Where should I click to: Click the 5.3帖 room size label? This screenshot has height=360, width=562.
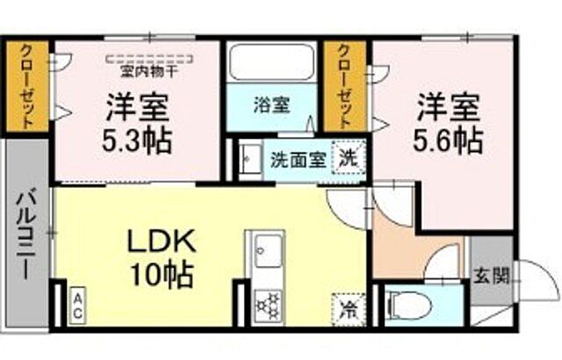click(138, 139)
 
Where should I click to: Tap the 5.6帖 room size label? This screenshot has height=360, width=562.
click(448, 138)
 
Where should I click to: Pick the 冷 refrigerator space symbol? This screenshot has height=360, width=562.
click(349, 309)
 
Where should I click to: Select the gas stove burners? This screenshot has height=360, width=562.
click(263, 302)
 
